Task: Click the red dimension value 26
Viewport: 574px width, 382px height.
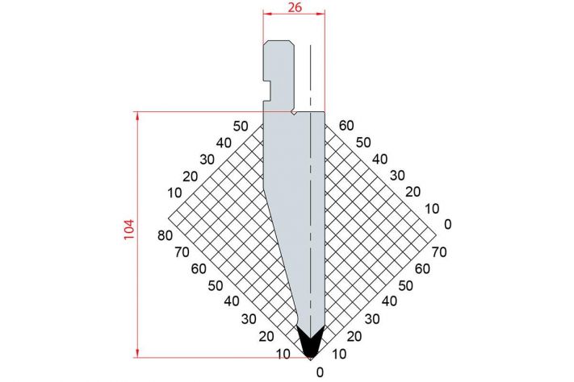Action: [295, 7]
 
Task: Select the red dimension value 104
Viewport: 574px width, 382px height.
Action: [130, 230]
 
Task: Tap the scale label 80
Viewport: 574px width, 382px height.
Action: [165, 236]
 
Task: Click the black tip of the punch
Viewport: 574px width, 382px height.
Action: [311, 343]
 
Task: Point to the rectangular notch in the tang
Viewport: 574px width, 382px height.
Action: [267, 90]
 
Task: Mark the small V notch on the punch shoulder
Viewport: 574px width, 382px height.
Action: [294, 113]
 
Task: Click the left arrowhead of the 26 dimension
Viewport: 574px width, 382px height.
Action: [267, 14]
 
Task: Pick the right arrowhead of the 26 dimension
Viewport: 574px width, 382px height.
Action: [321, 14]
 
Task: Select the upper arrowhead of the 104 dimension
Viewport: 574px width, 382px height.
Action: [137, 116]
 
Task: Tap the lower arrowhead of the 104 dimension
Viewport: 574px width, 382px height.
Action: [137, 353]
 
